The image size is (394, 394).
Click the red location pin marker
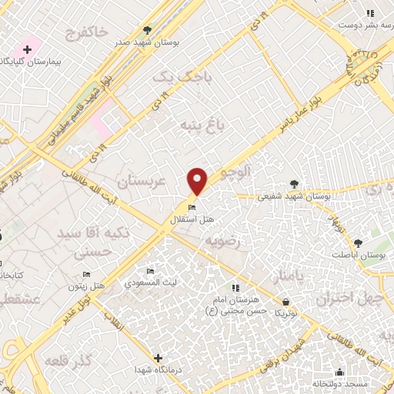198,182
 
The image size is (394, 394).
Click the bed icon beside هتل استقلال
192,206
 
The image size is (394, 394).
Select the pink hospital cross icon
27,49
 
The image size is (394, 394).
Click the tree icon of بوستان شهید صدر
147,31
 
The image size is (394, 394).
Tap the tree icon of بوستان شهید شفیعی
295,184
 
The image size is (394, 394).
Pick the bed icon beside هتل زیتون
86,275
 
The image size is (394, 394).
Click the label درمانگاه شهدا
159,370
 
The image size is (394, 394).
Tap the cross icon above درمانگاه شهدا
158,358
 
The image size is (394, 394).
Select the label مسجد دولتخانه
340,383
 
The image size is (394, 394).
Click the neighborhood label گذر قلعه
70,361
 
